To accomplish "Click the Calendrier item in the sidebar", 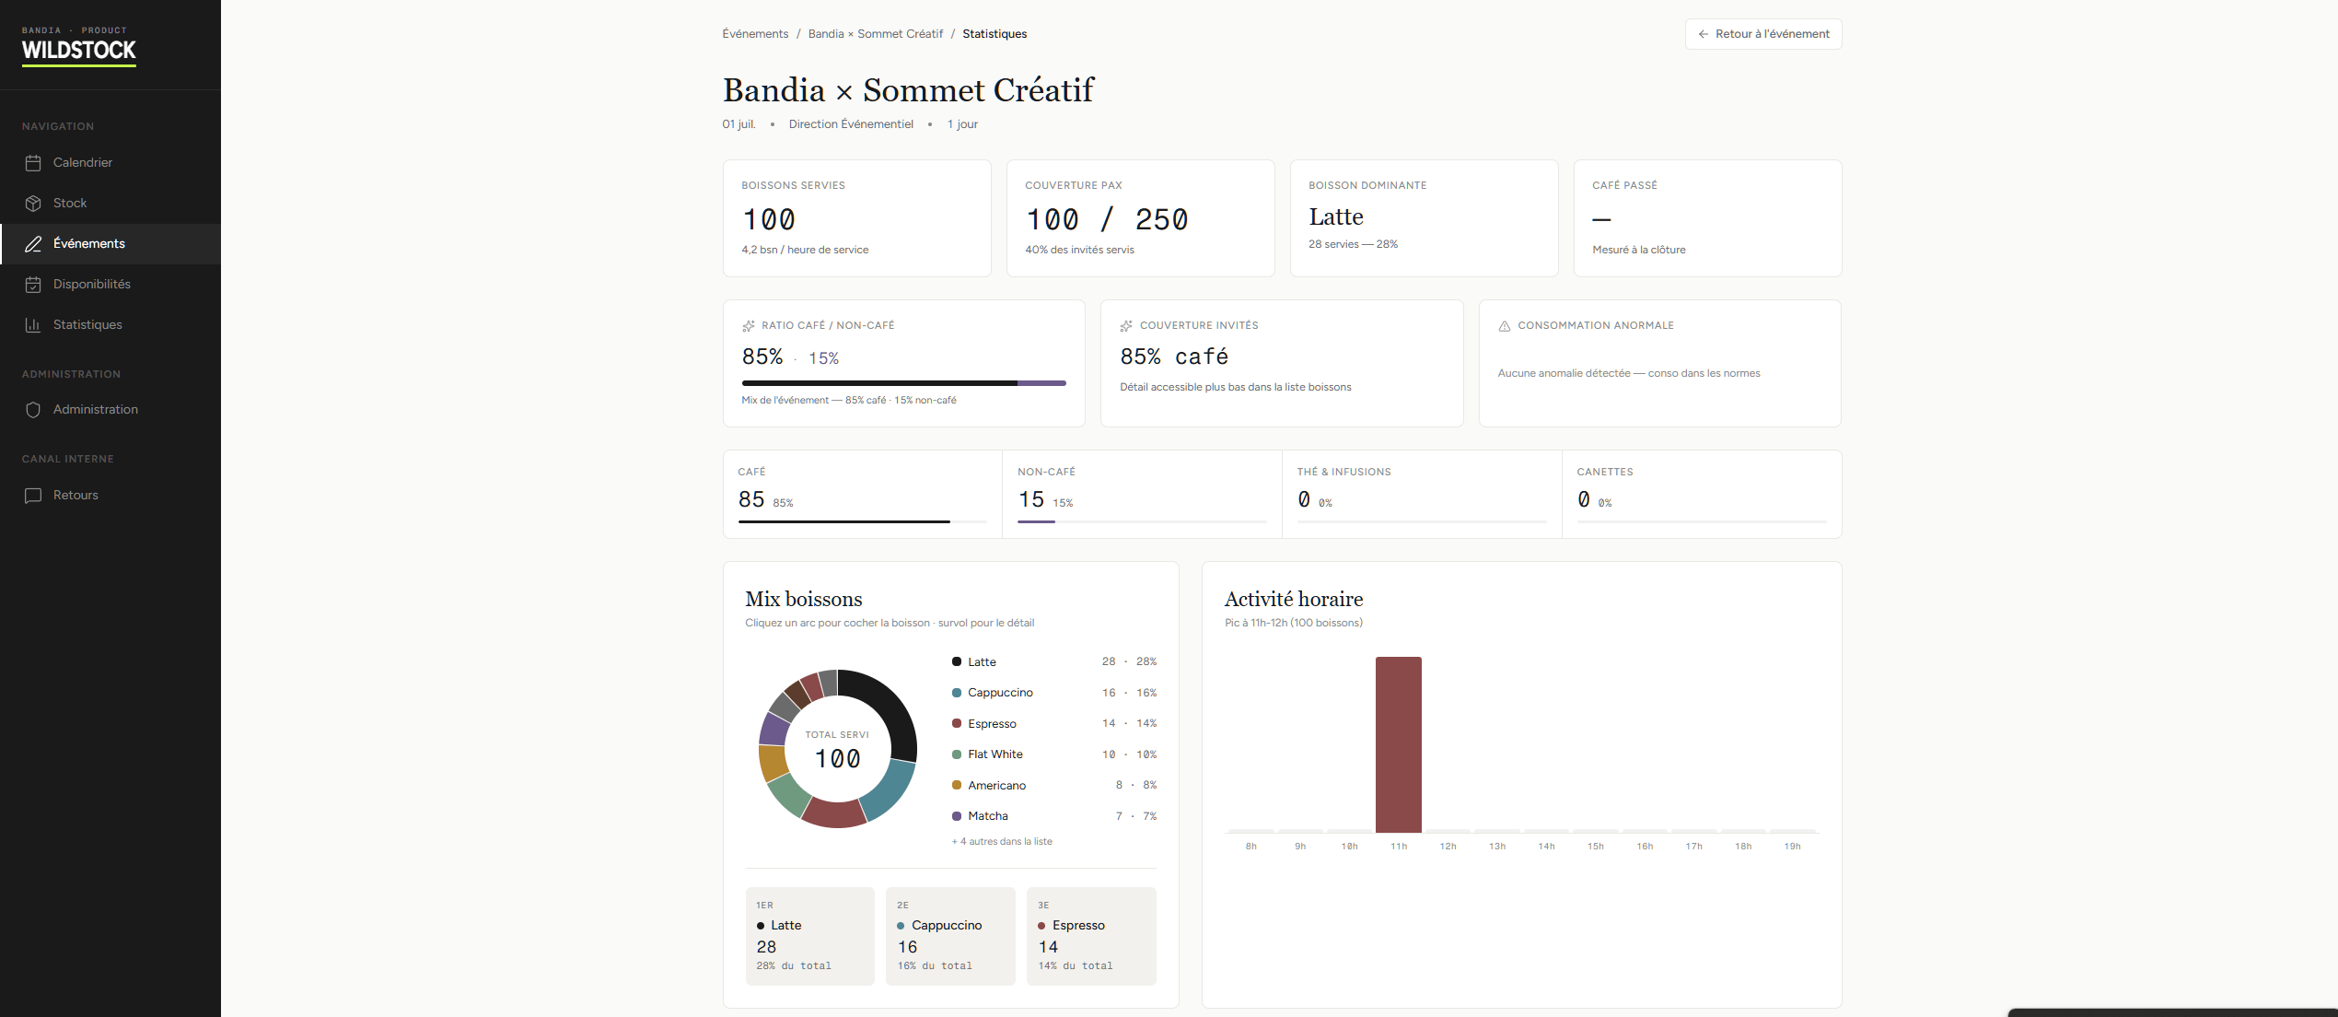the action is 82,162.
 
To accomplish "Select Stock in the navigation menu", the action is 69,203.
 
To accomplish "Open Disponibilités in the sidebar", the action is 91,284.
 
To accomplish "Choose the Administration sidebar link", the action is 95,409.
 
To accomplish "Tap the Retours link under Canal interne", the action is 76,495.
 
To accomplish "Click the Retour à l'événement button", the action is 1763,34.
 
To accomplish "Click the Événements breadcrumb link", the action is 755,34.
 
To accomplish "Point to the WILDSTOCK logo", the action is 79,50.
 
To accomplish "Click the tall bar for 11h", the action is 1398,744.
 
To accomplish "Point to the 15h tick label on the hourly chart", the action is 1596,847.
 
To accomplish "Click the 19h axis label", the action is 1792,847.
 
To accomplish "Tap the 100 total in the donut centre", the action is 837,759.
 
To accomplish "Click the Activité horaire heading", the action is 1294,599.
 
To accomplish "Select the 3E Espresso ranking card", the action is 1091,936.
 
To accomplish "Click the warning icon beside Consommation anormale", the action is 1505,326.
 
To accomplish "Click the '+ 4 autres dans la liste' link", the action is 1002,842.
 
